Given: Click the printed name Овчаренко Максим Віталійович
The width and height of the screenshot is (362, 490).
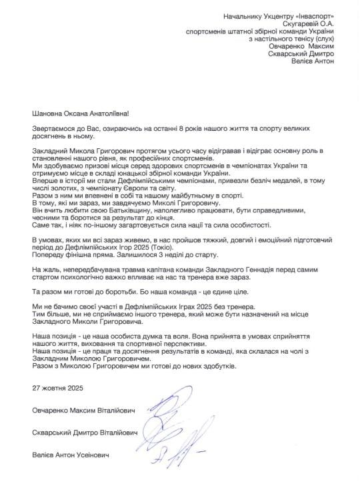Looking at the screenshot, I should pyautogui.click(x=83, y=409).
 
